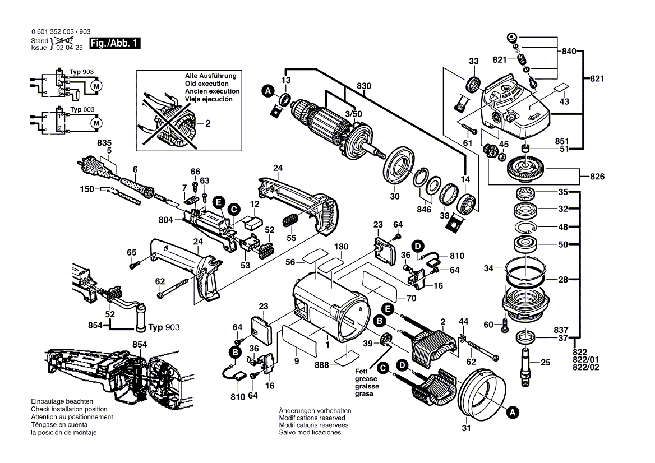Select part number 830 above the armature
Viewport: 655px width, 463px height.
pyautogui.click(x=364, y=86)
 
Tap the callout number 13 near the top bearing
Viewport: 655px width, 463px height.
pyautogui.click(x=286, y=81)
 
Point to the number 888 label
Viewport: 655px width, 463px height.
pyautogui.click(x=322, y=365)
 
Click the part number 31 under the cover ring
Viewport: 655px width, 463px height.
pyautogui.click(x=467, y=428)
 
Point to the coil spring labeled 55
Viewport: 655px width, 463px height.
pyautogui.click(x=290, y=221)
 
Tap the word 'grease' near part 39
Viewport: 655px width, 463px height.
pyautogui.click(x=366, y=379)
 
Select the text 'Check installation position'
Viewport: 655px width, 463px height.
pyautogui.click(x=69, y=409)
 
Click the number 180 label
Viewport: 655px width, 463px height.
pyautogui.click(x=342, y=246)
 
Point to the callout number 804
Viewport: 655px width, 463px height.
pyautogui.click(x=167, y=220)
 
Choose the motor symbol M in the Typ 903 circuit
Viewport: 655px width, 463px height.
pyautogui.click(x=96, y=86)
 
